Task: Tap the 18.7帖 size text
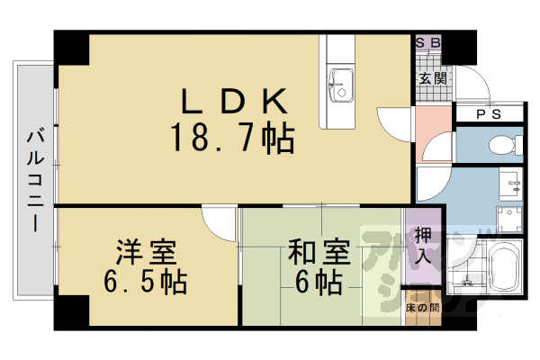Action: pyautogui.click(x=231, y=139)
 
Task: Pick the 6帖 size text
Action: pyautogui.click(x=319, y=283)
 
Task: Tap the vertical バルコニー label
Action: pyautogui.click(x=34, y=180)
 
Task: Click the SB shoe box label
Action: pyautogui.click(x=427, y=43)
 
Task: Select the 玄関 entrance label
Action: pyautogui.click(x=431, y=78)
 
